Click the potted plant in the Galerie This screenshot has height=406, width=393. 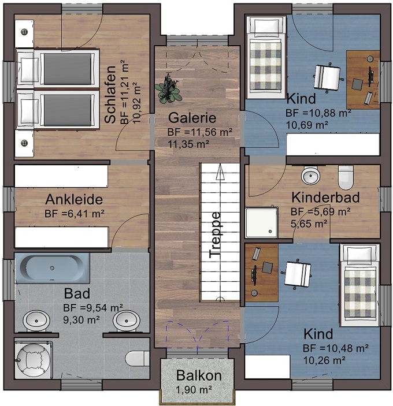168,89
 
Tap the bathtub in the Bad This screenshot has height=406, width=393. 53,268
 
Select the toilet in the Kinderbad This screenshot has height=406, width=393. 346,177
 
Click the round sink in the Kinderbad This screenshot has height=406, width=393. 310,176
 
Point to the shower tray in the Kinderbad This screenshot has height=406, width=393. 261,222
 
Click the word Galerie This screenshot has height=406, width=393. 192,118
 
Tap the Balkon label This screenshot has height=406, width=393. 199,375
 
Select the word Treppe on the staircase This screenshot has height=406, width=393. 215,235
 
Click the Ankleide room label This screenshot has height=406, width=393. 74,200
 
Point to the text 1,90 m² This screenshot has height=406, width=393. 194,389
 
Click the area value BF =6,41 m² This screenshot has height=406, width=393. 75,214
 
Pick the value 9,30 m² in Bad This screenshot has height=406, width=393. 81,320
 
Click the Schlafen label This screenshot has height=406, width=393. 110,94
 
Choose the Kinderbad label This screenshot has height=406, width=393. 325,198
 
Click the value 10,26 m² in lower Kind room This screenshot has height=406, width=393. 324,360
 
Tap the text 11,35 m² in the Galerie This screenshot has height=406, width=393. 188,144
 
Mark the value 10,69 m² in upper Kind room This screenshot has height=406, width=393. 307,125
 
